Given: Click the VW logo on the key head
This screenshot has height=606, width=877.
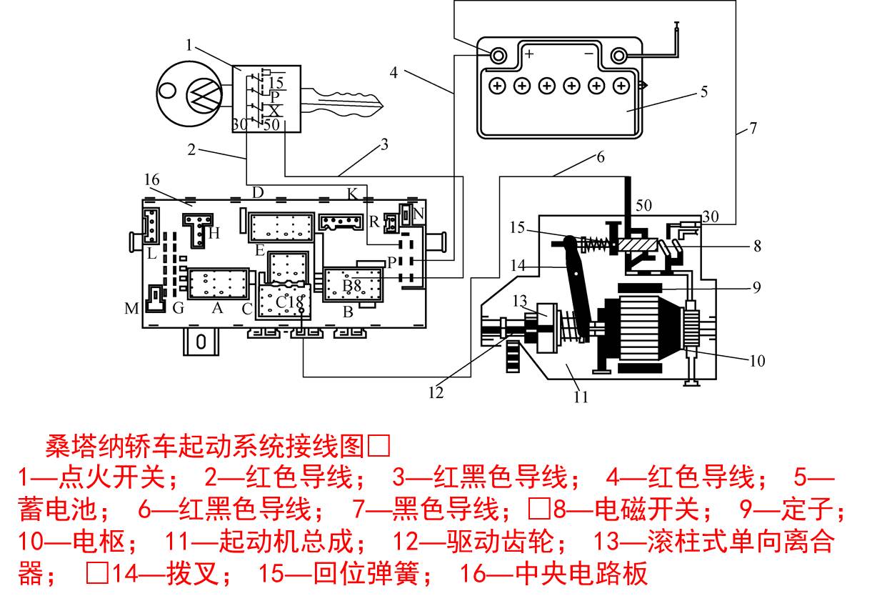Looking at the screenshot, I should coord(204,94).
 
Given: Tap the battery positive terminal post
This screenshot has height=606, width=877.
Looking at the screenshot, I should coord(498,55).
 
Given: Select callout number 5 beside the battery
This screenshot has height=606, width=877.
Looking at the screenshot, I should coord(703,91).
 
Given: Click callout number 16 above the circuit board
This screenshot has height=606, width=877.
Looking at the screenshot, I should coord(151,179).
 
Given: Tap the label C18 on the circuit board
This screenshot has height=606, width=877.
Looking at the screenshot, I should coord(290,302).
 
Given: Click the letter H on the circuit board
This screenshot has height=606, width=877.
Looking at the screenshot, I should coord(214,232).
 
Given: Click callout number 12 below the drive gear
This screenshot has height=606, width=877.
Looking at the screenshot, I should coord(436,392).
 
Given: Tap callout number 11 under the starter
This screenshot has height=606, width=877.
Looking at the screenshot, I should coord(581,397).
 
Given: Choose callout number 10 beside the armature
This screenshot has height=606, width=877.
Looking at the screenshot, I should coord(756,360).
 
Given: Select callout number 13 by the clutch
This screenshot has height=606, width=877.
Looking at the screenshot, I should coord(518,299).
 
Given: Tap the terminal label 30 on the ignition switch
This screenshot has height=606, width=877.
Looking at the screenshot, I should coord(239,124).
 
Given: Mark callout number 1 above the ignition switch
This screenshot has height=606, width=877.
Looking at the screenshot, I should coord(189,46).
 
